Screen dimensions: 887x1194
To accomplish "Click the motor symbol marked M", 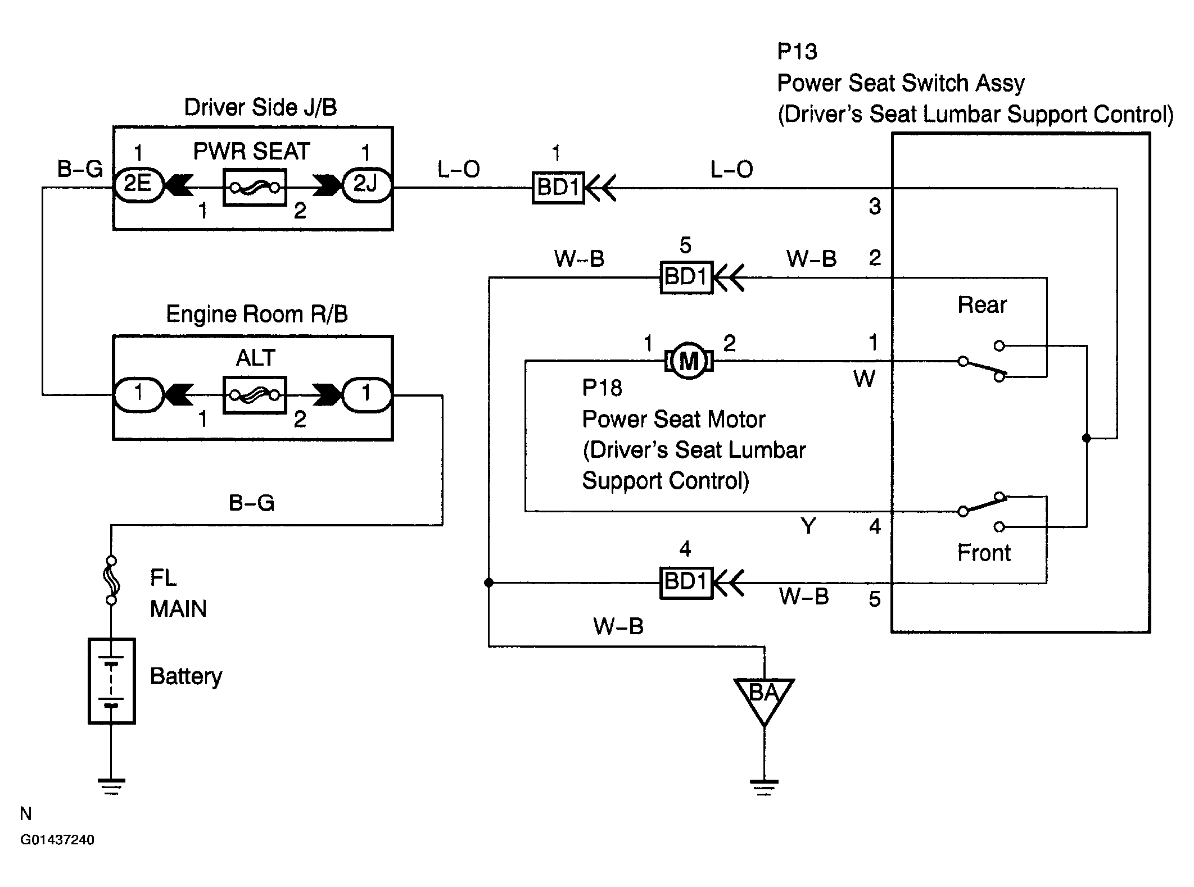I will [x=689, y=361].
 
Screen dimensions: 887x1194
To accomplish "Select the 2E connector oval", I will [x=138, y=184].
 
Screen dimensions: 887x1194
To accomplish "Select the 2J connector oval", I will [x=366, y=184].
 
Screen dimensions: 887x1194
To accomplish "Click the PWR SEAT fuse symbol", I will [x=255, y=187].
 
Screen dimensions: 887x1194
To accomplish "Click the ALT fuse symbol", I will [x=255, y=395].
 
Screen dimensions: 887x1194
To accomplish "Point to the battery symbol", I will [x=112, y=680].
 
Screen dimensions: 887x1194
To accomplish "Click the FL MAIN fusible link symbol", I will [x=112, y=580].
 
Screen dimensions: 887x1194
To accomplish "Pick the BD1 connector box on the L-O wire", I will [x=558, y=187].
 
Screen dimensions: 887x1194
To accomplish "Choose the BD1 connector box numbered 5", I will [x=686, y=277].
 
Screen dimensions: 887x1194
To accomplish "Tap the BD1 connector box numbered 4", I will [x=686, y=583].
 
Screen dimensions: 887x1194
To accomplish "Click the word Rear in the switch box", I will [x=982, y=305].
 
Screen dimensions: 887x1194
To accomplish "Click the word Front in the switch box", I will [x=984, y=553].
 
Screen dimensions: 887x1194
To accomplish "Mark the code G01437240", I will [x=57, y=840].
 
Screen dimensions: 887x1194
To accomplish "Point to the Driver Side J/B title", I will [x=260, y=107].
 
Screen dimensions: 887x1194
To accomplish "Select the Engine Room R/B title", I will [x=257, y=314].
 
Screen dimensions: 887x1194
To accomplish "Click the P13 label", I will [x=797, y=52].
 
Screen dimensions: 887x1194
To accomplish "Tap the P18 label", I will [x=601, y=388].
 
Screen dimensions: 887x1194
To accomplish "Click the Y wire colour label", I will [x=808, y=526].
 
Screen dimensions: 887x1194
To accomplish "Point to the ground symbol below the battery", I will [x=111, y=786].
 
